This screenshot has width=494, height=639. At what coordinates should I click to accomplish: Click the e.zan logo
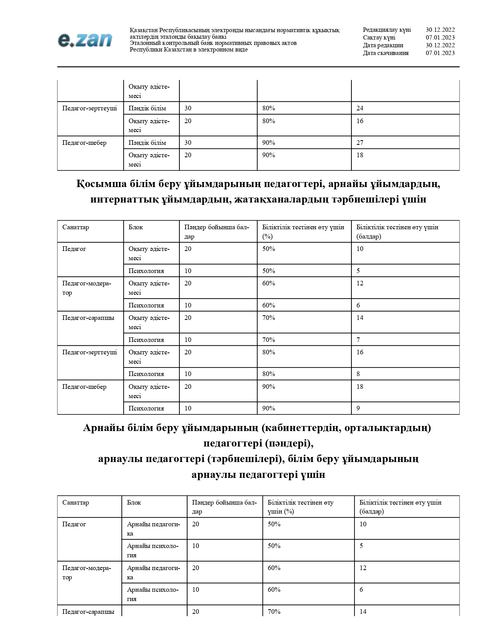85,40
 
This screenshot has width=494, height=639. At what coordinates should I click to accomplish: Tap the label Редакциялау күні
387,30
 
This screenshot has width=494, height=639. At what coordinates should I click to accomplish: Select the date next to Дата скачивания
440,53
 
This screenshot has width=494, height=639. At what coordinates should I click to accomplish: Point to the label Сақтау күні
379,38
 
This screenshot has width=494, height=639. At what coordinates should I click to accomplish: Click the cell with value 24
360,108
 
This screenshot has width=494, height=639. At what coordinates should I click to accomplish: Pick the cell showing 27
360,143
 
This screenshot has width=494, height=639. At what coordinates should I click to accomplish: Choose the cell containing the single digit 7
358,340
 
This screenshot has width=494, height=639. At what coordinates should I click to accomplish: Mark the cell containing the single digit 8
358,374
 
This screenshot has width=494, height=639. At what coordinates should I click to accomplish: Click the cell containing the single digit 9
358,408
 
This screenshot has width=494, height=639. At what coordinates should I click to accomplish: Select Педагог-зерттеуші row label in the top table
90,108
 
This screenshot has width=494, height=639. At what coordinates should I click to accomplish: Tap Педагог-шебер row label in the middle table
84,386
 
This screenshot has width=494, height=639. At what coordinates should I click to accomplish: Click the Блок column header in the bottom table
134,502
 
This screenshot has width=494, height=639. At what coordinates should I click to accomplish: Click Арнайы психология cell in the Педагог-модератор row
153,594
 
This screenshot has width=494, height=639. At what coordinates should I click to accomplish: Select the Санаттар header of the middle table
76,227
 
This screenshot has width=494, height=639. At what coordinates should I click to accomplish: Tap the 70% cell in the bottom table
274,612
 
